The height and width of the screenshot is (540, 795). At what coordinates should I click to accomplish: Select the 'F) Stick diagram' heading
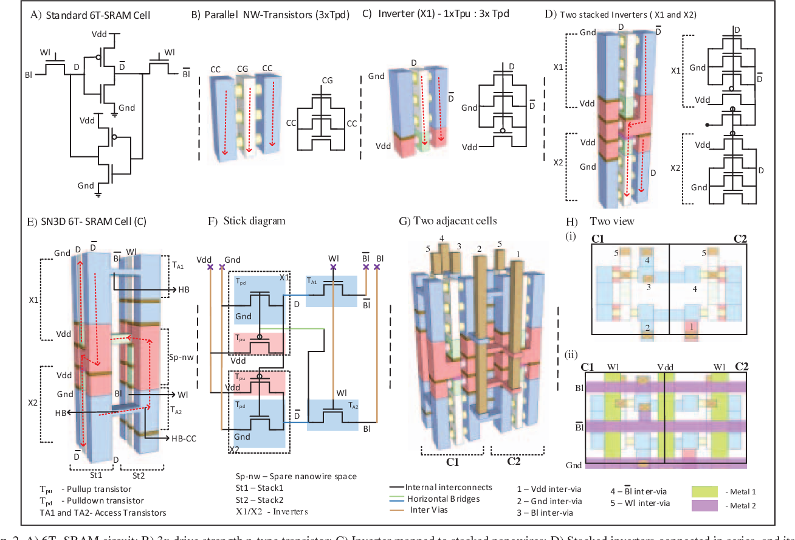246,221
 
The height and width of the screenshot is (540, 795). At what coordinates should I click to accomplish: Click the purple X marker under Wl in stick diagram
333,266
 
